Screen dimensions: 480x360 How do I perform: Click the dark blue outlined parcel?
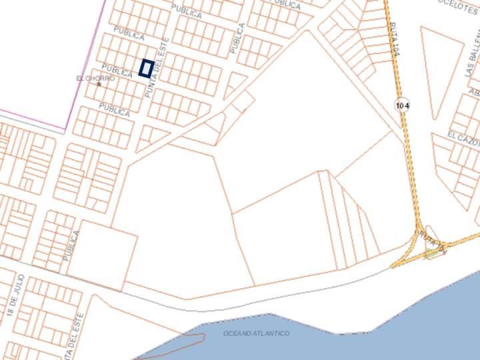click(147, 68)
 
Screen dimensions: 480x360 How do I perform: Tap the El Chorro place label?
click(95, 79)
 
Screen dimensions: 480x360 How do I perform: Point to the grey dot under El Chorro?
click(99, 85)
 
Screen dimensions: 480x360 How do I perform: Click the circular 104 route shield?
click(401, 105)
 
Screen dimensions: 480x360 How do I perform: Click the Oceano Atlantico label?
click(257, 333)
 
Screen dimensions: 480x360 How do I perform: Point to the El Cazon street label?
click(463, 137)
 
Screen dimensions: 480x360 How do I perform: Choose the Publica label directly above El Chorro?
click(117, 69)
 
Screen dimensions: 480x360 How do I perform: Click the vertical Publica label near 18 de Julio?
click(72, 245)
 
